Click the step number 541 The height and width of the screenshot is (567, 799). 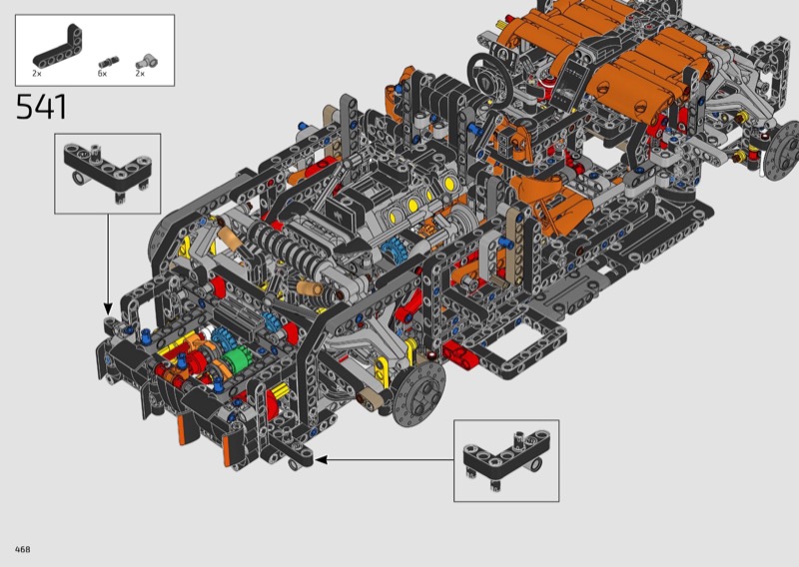(x=41, y=107)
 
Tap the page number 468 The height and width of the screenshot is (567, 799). (x=22, y=549)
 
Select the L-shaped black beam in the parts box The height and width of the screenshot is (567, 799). (x=57, y=48)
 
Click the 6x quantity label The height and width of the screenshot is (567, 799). (x=103, y=74)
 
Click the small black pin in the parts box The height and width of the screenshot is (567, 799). (x=109, y=62)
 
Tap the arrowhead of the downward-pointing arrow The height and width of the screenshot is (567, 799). (x=108, y=308)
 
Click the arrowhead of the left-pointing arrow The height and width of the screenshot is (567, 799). (x=321, y=460)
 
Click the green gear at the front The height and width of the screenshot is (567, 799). (x=236, y=359)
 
